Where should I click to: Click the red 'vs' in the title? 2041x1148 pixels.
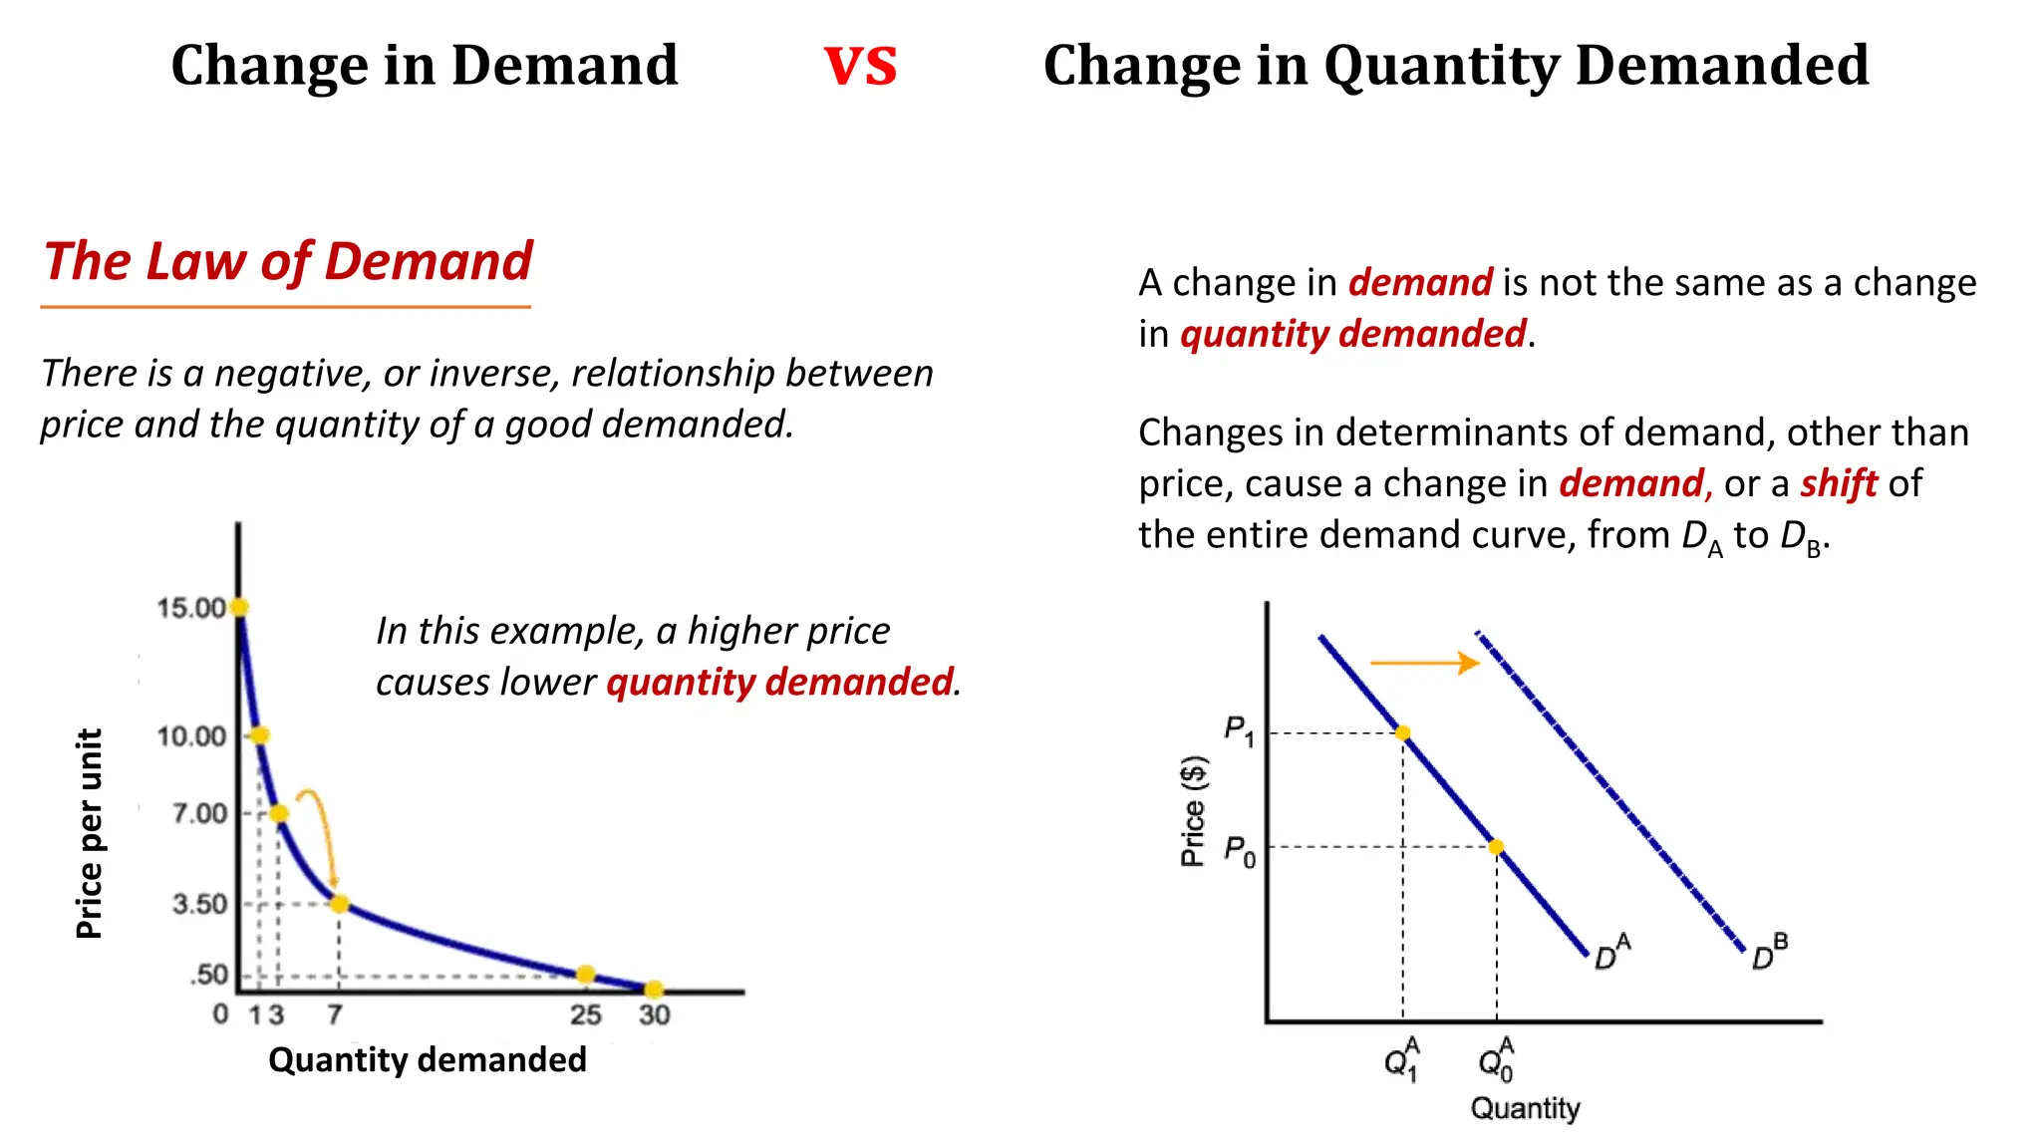861,66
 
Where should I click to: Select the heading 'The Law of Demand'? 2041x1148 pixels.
288,262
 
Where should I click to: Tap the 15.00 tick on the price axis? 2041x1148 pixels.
191,608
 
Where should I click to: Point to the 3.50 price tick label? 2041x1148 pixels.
199,904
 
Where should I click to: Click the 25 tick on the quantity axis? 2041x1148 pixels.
586,1015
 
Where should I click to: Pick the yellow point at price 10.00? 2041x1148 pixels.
260,735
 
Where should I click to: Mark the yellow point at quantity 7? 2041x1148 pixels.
340,904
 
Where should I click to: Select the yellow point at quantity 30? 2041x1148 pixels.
654,990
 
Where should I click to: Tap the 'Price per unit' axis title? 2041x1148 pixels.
90,833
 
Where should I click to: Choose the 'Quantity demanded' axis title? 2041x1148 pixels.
428,1059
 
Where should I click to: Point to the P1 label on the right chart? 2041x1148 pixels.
1239,731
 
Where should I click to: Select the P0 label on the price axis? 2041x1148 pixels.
1239,851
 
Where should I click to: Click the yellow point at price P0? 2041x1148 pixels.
1496,847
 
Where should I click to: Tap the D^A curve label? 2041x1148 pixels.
1611,953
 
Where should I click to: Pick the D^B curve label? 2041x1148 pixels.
1769,953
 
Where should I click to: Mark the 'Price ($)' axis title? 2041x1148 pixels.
1193,811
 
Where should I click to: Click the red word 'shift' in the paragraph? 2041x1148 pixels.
1839,484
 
